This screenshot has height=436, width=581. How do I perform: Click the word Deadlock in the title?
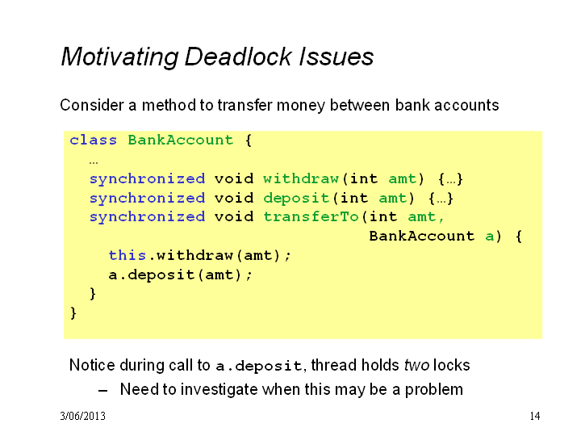point(237,57)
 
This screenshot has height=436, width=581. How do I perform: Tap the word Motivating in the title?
point(120,57)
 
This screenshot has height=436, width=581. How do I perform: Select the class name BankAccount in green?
point(181,140)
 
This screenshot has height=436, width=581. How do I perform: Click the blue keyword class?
point(93,140)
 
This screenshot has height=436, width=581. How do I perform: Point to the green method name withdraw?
point(301,178)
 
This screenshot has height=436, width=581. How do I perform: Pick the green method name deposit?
point(296,198)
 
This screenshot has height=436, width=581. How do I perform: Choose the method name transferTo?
point(311,217)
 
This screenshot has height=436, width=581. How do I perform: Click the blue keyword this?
point(127,255)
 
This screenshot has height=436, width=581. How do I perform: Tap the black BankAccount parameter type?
point(422,236)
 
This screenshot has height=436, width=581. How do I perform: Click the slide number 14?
point(535,416)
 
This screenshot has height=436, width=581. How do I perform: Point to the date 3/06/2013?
point(82,416)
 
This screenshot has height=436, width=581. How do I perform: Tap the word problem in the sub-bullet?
point(433,390)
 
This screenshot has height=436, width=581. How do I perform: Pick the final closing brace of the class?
point(73,313)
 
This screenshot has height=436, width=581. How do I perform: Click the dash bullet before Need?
point(103,391)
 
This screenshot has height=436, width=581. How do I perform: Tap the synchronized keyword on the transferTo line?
point(147,217)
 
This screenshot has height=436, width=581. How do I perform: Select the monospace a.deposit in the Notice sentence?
point(259,367)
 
